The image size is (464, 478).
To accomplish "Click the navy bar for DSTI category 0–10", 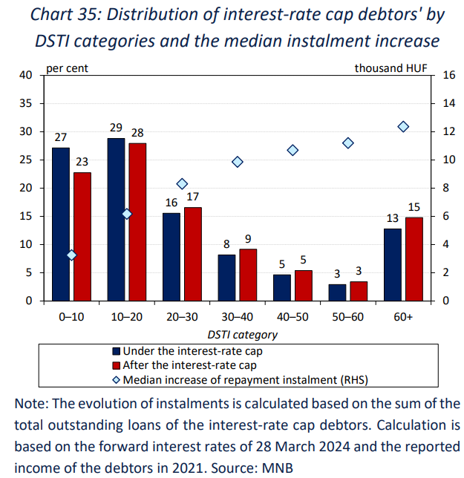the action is tap(61, 224).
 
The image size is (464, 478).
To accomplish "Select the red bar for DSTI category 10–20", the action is tap(137, 222).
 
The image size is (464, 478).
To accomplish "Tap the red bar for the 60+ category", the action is tap(414, 260).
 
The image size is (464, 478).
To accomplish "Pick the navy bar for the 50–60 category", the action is tap(337, 292).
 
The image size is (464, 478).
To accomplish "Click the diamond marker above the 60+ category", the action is tap(403, 126).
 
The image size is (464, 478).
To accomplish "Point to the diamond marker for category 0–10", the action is tap(71, 255).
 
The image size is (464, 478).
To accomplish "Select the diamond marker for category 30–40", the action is tap(238, 162).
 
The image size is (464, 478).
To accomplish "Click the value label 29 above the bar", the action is tap(116, 128).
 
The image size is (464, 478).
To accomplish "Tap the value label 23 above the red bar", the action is tap(82, 162).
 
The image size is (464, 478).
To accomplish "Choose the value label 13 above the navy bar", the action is tap(392, 218).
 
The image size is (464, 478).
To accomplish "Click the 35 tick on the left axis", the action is tap(25, 103).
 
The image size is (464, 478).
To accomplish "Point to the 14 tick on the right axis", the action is tap(448, 103).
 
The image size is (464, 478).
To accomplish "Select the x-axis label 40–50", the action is tap(293, 317).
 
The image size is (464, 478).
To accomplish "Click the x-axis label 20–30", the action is tap(182, 317).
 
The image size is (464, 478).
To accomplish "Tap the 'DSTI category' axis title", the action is tap(242, 335).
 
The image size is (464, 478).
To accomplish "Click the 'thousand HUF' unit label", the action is tap(391, 68).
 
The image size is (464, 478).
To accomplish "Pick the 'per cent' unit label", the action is tap(67, 68).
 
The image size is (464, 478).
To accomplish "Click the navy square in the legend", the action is tap(116, 351).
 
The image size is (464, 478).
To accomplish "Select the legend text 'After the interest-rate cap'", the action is tap(189, 365).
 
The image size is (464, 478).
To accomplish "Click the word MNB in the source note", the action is tap(278, 468).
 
